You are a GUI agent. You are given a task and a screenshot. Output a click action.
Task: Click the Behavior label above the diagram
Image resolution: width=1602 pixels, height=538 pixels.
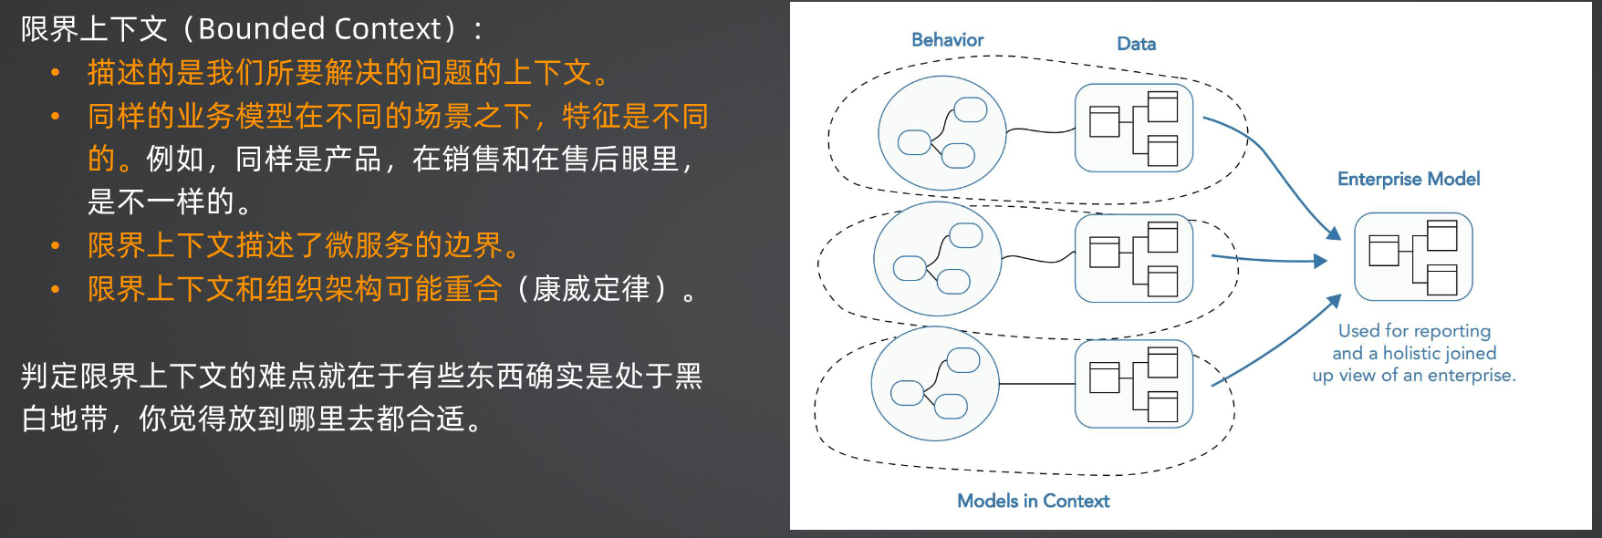(947, 40)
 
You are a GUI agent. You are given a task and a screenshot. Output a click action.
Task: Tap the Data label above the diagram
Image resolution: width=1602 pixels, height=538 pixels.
(1136, 44)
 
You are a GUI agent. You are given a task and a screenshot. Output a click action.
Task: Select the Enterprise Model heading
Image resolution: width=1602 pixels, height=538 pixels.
(1409, 179)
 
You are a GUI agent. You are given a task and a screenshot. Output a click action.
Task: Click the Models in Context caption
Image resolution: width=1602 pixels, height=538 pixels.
(1033, 501)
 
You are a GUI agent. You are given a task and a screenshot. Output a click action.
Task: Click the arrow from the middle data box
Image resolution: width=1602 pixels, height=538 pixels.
(1269, 260)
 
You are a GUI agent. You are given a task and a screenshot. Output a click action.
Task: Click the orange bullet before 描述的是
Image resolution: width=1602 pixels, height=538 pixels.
(56, 73)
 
